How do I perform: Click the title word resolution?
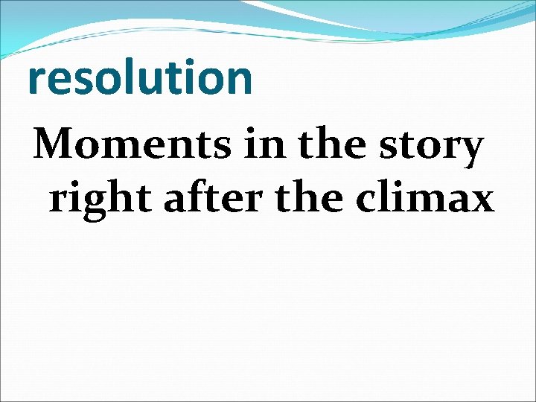coord(140,78)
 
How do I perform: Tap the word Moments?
coord(131,144)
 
